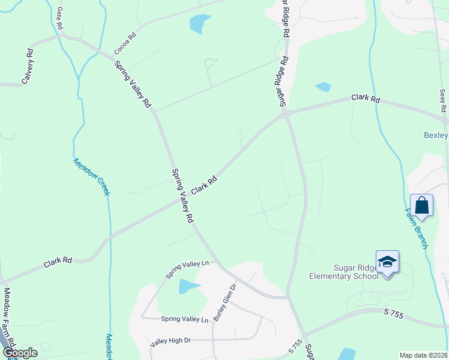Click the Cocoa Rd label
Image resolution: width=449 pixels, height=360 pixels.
point(125,44)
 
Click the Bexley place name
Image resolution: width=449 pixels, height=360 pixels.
point(436,135)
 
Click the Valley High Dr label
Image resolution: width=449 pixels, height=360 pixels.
point(170,341)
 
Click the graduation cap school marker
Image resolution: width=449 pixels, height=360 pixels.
point(387,262)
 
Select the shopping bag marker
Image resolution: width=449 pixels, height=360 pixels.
point(421,205)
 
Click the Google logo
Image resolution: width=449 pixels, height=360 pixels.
point(19,353)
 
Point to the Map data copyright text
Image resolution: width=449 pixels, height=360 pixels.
point(423,355)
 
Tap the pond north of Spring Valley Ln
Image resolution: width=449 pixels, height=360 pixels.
point(189,287)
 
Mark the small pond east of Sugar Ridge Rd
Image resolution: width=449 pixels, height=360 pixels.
point(323,86)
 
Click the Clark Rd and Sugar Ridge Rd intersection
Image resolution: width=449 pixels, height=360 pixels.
point(286,113)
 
